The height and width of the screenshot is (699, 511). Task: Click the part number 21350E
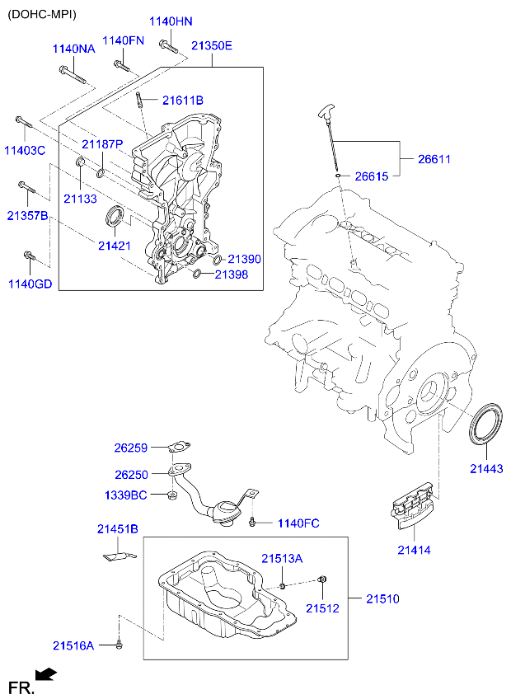[212, 47]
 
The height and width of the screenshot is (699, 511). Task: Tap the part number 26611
[434, 159]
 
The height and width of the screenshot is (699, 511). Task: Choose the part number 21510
[382, 598]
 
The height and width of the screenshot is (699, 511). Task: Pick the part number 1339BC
[125, 495]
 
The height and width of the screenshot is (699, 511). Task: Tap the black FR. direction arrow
[47, 675]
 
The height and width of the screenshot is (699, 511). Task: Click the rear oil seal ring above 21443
[487, 421]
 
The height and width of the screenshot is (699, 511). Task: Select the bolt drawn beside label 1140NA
[73, 75]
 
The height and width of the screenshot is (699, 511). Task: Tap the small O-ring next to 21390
[218, 260]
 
